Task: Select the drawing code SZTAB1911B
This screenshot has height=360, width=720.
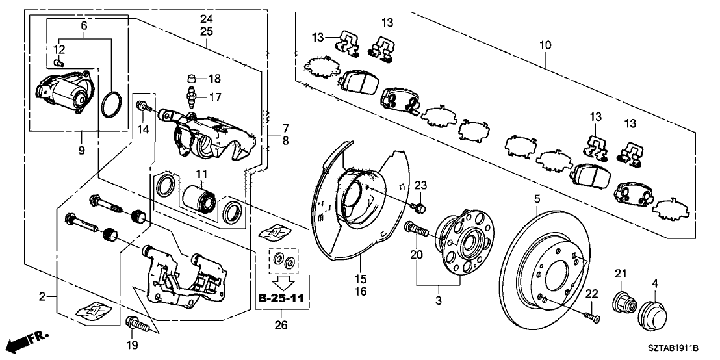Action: (682, 349)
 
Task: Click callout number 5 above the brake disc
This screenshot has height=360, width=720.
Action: (537, 199)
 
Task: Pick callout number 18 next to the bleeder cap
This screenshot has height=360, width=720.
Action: (214, 79)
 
